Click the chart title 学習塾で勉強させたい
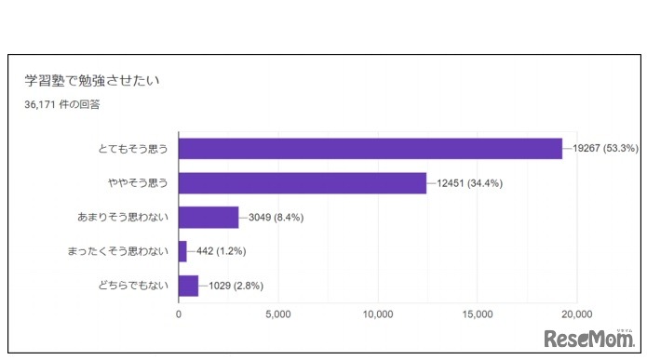(x=93, y=81)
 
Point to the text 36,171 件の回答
(x=62, y=104)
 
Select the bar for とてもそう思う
(x=370, y=149)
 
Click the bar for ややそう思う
(x=302, y=183)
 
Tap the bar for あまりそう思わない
(x=208, y=218)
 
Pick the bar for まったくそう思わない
(x=182, y=251)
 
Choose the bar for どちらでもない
(x=188, y=286)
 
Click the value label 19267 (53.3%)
(x=606, y=149)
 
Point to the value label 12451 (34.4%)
(x=470, y=183)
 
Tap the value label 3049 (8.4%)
(x=276, y=218)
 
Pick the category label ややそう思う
(x=139, y=183)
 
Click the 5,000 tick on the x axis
(x=278, y=314)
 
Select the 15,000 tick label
(x=479, y=314)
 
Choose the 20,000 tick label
(x=577, y=314)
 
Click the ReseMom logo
(x=589, y=337)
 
